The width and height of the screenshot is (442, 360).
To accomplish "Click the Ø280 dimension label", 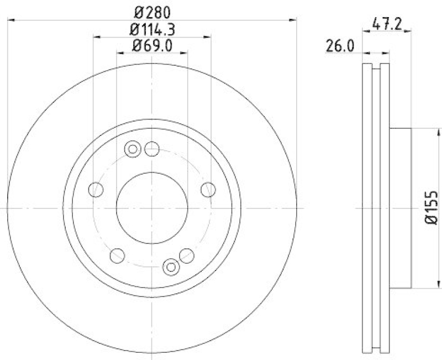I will tap(152, 11).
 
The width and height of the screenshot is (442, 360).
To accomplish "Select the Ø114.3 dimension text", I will tap(152, 28).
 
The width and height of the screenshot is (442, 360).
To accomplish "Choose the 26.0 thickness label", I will tap(340, 46).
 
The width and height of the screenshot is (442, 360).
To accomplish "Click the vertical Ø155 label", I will tap(432, 207).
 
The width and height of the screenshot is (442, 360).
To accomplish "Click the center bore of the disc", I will tap(152, 208).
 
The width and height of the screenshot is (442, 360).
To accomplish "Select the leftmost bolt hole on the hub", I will tap(96, 190).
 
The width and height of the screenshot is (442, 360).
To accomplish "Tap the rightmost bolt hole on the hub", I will tap(208, 190).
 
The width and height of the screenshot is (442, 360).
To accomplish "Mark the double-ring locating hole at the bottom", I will tap(171, 268).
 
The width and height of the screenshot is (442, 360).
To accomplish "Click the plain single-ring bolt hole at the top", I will tap(152, 148).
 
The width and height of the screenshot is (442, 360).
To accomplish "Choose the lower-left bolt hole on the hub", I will tap(117, 255).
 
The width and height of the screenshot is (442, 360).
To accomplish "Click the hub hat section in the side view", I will tap(401, 208).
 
